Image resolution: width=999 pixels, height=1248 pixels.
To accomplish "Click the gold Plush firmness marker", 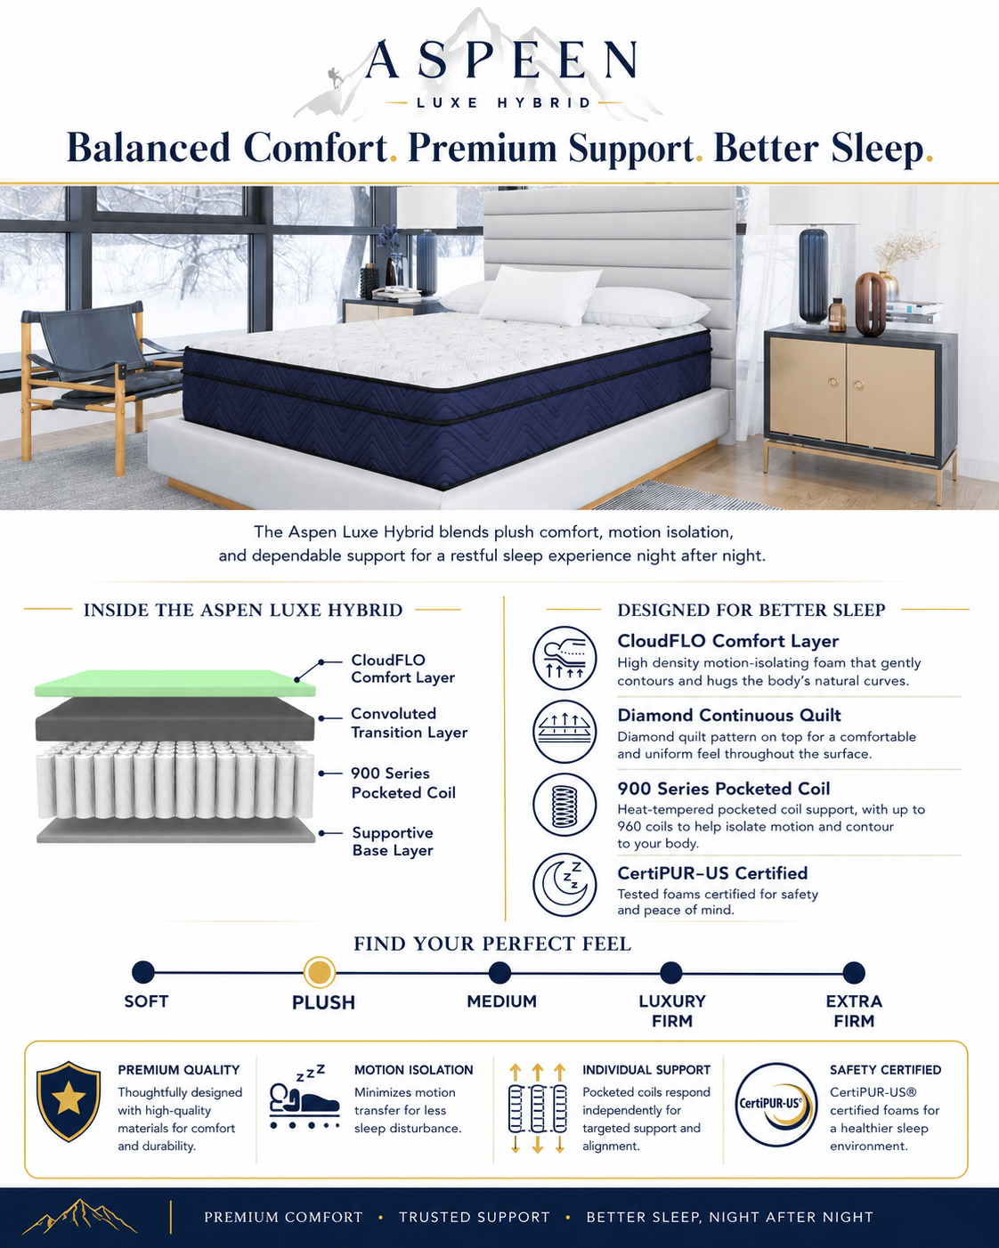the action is point(320,973).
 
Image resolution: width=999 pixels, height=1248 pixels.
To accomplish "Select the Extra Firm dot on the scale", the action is point(853,973).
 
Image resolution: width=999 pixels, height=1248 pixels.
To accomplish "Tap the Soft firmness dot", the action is point(143,973).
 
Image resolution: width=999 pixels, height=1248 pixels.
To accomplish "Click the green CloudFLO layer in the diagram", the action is point(175,683).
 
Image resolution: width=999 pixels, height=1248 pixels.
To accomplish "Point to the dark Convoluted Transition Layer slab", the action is point(175,719).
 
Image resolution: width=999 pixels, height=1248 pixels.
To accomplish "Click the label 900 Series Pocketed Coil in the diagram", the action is point(403,783).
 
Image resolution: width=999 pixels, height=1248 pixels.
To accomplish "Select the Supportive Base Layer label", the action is point(393,841).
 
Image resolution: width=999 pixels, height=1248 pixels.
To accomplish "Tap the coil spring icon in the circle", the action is point(564,805).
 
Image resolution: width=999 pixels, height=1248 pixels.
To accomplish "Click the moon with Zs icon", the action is point(564,885).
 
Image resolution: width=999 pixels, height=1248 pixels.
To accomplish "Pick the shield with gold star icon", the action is point(69,1101).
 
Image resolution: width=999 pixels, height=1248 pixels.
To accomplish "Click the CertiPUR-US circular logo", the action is point(776,1105).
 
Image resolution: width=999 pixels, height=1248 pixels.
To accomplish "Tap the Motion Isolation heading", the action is point(414,1070).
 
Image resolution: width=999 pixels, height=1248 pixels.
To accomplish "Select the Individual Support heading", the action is point(646,1070).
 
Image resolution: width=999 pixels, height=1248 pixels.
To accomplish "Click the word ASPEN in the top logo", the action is point(501,60).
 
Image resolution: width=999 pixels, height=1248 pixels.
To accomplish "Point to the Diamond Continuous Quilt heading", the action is point(728,715).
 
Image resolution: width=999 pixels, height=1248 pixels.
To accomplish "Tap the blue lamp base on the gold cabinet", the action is point(813,277).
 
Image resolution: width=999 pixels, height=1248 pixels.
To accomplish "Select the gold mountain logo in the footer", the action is point(79,1216).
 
